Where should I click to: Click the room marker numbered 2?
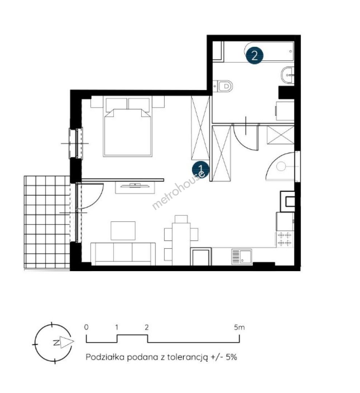coord(254,55)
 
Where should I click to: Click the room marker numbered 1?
coord(201,169)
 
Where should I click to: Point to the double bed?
coord(128,127)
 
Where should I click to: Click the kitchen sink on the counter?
coord(241,257)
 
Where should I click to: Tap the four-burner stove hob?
coord(285,239)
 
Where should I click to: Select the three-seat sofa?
coord(123,254)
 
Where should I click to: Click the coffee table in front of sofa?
coord(123,231)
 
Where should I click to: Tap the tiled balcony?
coord(47,222)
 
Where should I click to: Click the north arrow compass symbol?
coord(53,342)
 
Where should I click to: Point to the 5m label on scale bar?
coord(239,327)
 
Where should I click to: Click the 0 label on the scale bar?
coord(86,327)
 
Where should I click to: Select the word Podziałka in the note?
coord(105,357)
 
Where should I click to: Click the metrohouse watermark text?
coord(179,190)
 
